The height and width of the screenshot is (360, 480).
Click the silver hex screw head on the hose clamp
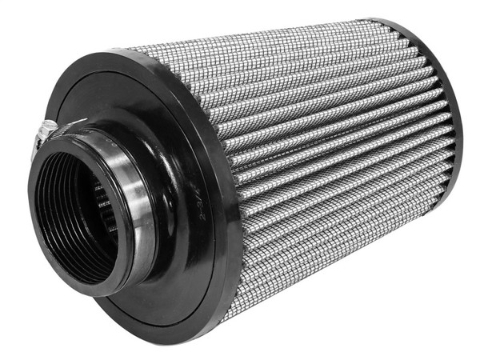(48, 128)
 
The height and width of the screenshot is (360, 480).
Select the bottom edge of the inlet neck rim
(104, 292)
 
